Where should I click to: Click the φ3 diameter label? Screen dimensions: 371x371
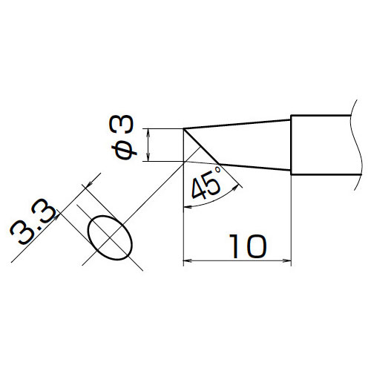(x=122, y=137)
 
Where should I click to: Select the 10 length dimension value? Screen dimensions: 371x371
(x=248, y=246)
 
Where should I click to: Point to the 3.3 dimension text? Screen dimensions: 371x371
(x=33, y=221)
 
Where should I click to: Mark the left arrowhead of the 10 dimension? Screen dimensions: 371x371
(x=187, y=260)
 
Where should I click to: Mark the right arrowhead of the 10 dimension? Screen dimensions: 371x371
(x=287, y=260)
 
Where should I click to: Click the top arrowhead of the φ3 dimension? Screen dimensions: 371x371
(x=148, y=132)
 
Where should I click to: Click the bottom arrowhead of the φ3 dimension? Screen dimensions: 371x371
(x=148, y=157)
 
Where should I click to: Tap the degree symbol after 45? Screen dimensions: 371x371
(x=217, y=170)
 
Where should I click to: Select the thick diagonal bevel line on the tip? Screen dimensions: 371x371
(x=201, y=146)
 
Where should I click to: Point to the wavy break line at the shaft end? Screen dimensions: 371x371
(x=356, y=145)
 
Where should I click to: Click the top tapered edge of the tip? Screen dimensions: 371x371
(x=237, y=124)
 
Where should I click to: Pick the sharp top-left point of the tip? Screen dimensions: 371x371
(x=183, y=128)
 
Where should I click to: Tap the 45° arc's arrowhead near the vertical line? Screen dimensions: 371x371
(x=188, y=207)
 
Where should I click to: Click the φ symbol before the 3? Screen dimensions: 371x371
(x=124, y=151)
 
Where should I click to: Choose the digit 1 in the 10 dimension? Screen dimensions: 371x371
(x=234, y=246)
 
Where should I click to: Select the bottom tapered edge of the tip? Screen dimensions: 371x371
(x=255, y=167)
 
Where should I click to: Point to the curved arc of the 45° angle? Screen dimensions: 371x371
(x=214, y=200)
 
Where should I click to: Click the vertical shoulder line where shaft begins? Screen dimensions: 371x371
(x=291, y=145)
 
